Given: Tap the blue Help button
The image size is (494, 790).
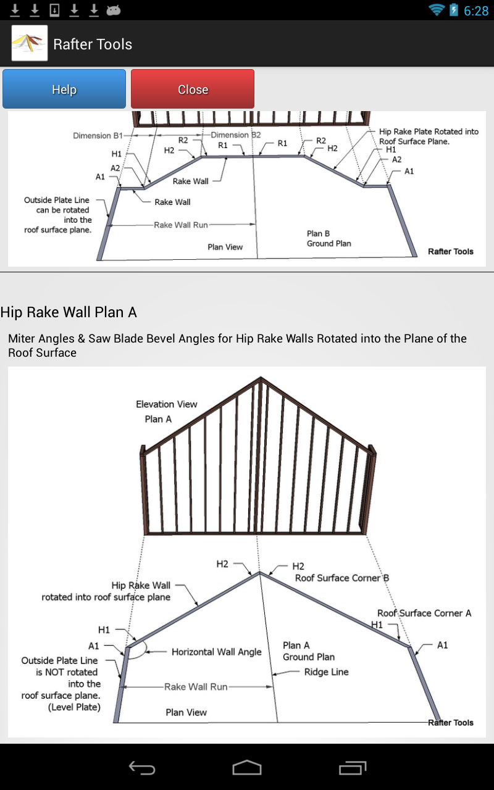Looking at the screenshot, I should pyautogui.click(x=64, y=89).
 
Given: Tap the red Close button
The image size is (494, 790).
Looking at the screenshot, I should pyautogui.click(x=193, y=89).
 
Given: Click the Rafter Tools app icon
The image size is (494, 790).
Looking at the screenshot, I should pyautogui.click(x=30, y=44).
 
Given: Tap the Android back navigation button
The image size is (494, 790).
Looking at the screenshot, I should pyautogui.click(x=141, y=767).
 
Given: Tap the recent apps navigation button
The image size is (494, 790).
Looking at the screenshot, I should pyautogui.click(x=353, y=767).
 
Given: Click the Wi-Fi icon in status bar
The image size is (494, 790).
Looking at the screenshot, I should pyautogui.click(x=437, y=10).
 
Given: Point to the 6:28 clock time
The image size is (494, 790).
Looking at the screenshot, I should pyautogui.click(x=475, y=10).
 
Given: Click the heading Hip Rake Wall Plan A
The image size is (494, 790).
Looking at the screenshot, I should pyautogui.click(x=69, y=312).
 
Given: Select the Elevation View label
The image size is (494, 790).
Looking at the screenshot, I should pyautogui.click(x=167, y=404).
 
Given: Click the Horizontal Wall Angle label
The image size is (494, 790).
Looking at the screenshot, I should pyautogui.click(x=216, y=652).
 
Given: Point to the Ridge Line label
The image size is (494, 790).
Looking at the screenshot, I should pyautogui.click(x=326, y=671).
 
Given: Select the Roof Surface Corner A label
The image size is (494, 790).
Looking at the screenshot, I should pyautogui.click(x=424, y=613).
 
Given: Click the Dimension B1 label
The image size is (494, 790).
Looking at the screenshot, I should pyautogui.click(x=98, y=135).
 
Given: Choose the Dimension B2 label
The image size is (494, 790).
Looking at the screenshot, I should pyautogui.click(x=236, y=135).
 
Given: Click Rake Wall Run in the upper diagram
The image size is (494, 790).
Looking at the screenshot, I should pyautogui.click(x=181, y=225).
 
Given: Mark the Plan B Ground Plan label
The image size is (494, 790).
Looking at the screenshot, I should pyautogui.click(x=329, y=238).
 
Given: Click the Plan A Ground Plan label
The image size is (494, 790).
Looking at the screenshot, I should pyautogui.click(x=309, y=651).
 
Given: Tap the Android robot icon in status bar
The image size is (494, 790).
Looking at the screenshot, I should pyautogui.click(x=113, y=10).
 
